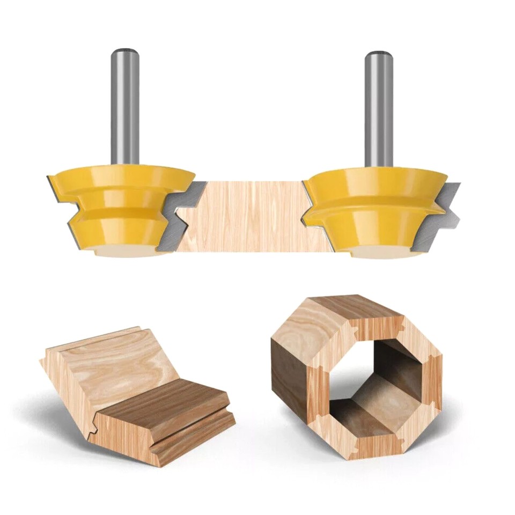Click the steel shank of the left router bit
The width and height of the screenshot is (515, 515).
coord(125,107)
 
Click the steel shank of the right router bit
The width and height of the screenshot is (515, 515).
coord(379,107)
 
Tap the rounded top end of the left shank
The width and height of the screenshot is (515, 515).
coord(125,52)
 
